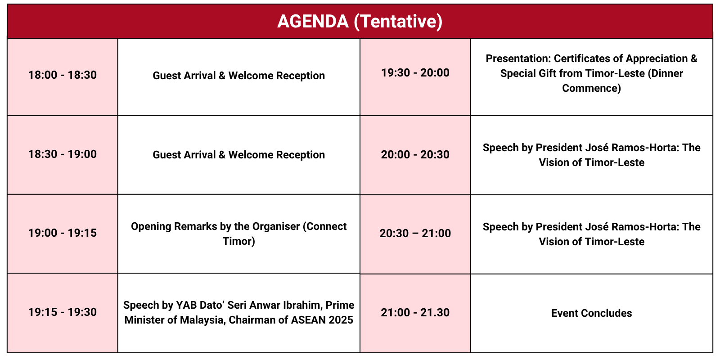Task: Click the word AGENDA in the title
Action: pos(313,21)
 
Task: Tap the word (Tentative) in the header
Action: pos(398,22)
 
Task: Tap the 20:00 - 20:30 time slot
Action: pos(415,155)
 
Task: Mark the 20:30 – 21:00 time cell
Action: pos(415,233)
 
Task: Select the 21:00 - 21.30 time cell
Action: pos(415,312)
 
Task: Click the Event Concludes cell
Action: pos(591,313)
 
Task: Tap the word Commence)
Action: pos(591,88)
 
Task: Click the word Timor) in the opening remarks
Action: pos(239,241)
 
